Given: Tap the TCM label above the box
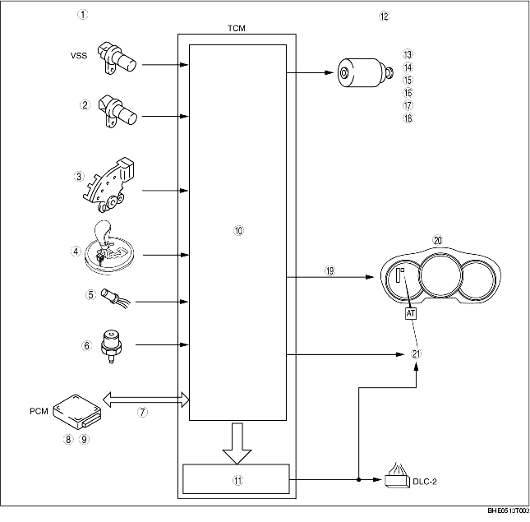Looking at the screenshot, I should coord(237,27).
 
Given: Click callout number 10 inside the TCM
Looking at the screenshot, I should coord(238,231).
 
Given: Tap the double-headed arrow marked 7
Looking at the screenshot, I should coord(144,400).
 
